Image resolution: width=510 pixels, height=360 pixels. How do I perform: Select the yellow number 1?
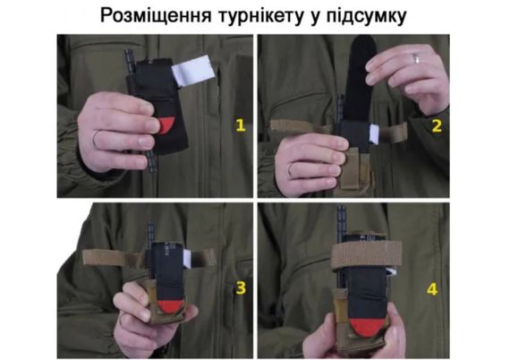[241, 125]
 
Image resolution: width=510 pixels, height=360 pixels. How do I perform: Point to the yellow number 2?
[437, 126]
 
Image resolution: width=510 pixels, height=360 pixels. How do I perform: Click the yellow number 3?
[241, 288]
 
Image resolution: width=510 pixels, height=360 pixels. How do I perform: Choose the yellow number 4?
[432, 289]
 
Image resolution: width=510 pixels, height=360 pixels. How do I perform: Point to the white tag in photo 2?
[374, 133]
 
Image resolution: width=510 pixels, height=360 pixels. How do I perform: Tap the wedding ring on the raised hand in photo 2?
[416, 59]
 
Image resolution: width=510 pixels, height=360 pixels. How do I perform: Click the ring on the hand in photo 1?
[97, 138]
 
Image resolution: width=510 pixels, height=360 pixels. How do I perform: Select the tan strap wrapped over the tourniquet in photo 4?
[366, 254]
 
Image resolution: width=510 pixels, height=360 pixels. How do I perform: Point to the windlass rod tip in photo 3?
[150, 224]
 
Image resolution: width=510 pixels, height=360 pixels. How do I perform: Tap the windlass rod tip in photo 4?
[341, 208]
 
